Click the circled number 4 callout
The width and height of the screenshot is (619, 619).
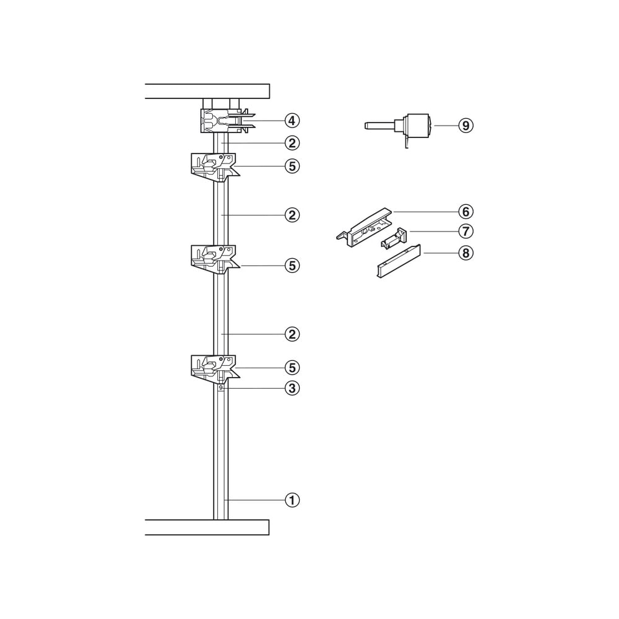(x=292, y=121)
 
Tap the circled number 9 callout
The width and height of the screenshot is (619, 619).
(x=466, y=126)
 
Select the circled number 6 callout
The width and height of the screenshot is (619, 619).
(x=466, y=212)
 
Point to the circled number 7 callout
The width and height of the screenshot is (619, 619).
(x=466, y=231)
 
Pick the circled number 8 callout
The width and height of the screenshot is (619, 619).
(x=466, y=253)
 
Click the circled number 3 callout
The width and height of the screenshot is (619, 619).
(x=292, y=388)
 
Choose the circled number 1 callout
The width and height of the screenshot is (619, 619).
(x=292, y=500)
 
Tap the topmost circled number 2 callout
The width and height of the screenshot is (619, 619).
(x=292, y=143)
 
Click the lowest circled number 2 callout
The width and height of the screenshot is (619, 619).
(x=292, y=334)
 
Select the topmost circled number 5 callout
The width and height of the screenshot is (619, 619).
(x=292, y=166)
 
